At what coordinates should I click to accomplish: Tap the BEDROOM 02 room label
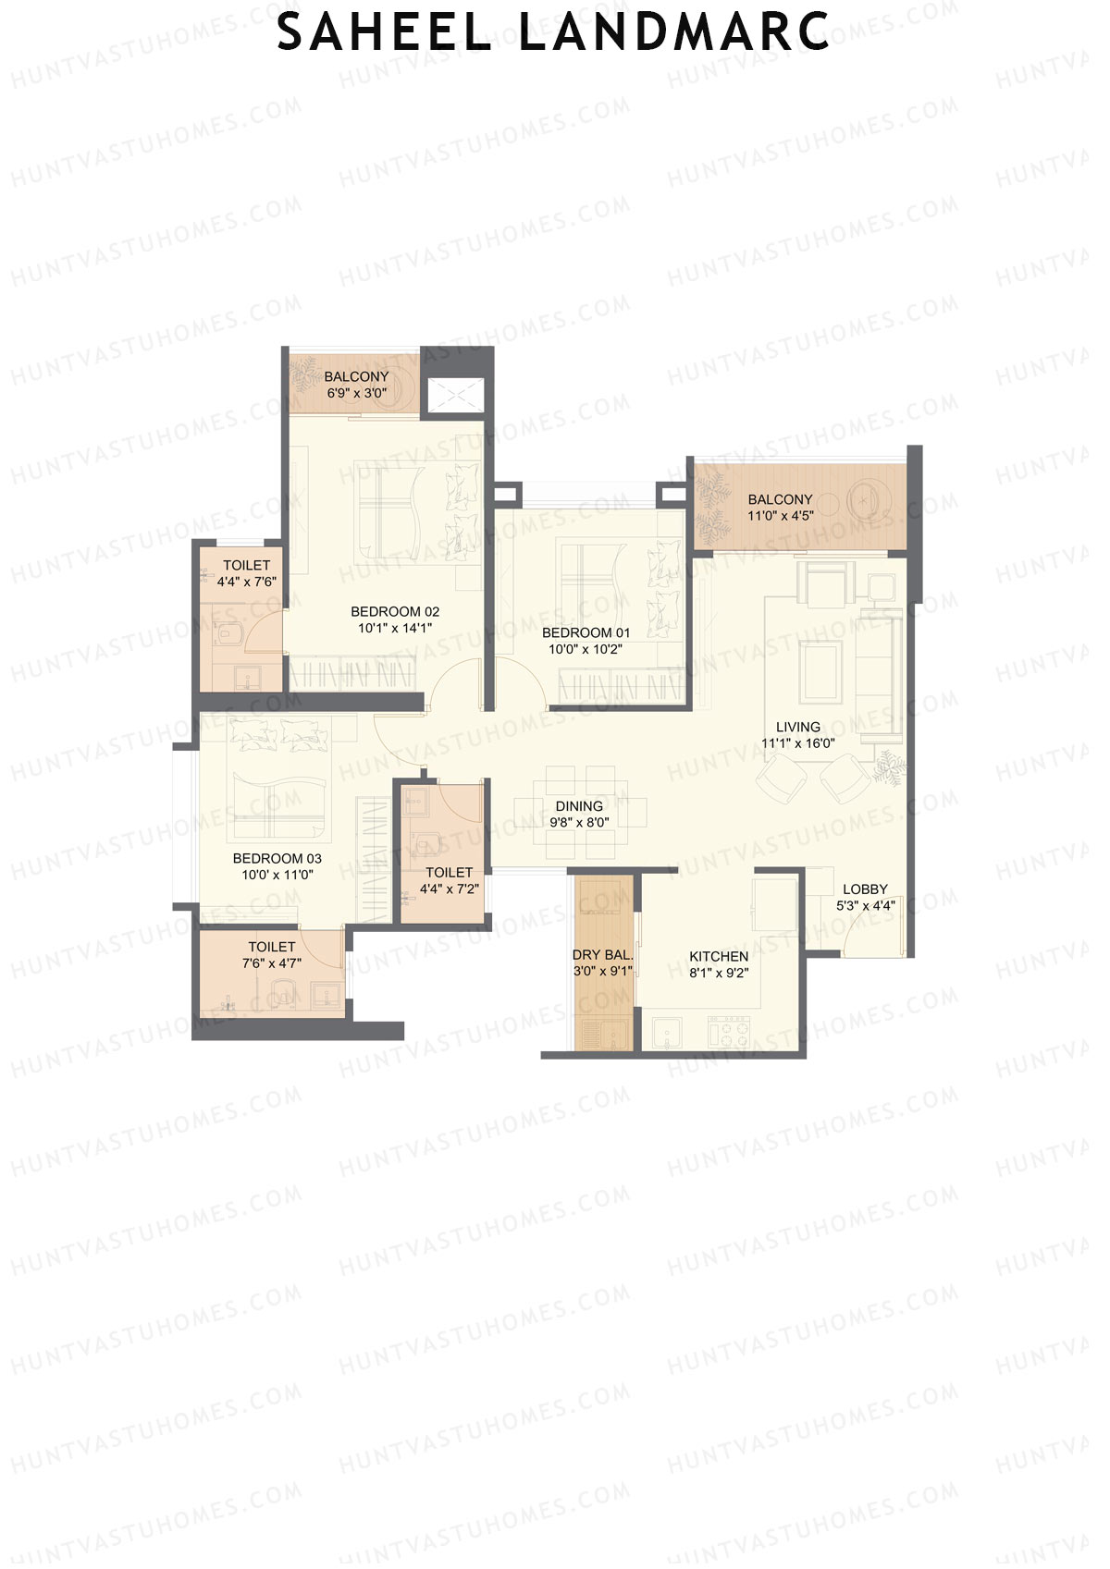pos(395,611)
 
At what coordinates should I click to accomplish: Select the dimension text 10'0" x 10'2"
pos(586,649)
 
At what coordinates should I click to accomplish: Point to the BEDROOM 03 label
pos(277,858)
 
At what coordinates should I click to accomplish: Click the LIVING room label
pos(797,727)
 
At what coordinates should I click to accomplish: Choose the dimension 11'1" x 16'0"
pos(797,743)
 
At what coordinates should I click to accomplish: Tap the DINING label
pos(579,806)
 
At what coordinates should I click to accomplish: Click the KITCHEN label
pos(719,956)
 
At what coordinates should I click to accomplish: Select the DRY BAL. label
pos(602,955)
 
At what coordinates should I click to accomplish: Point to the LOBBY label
pos(865,889)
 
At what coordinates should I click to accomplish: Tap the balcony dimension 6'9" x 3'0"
pos(356,393)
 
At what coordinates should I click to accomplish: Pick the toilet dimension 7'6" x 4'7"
pos(271,963)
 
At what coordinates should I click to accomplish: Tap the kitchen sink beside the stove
pos(666,1032)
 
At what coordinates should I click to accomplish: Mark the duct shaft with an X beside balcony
pos(453,395)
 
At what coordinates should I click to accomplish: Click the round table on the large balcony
pos(867,500)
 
